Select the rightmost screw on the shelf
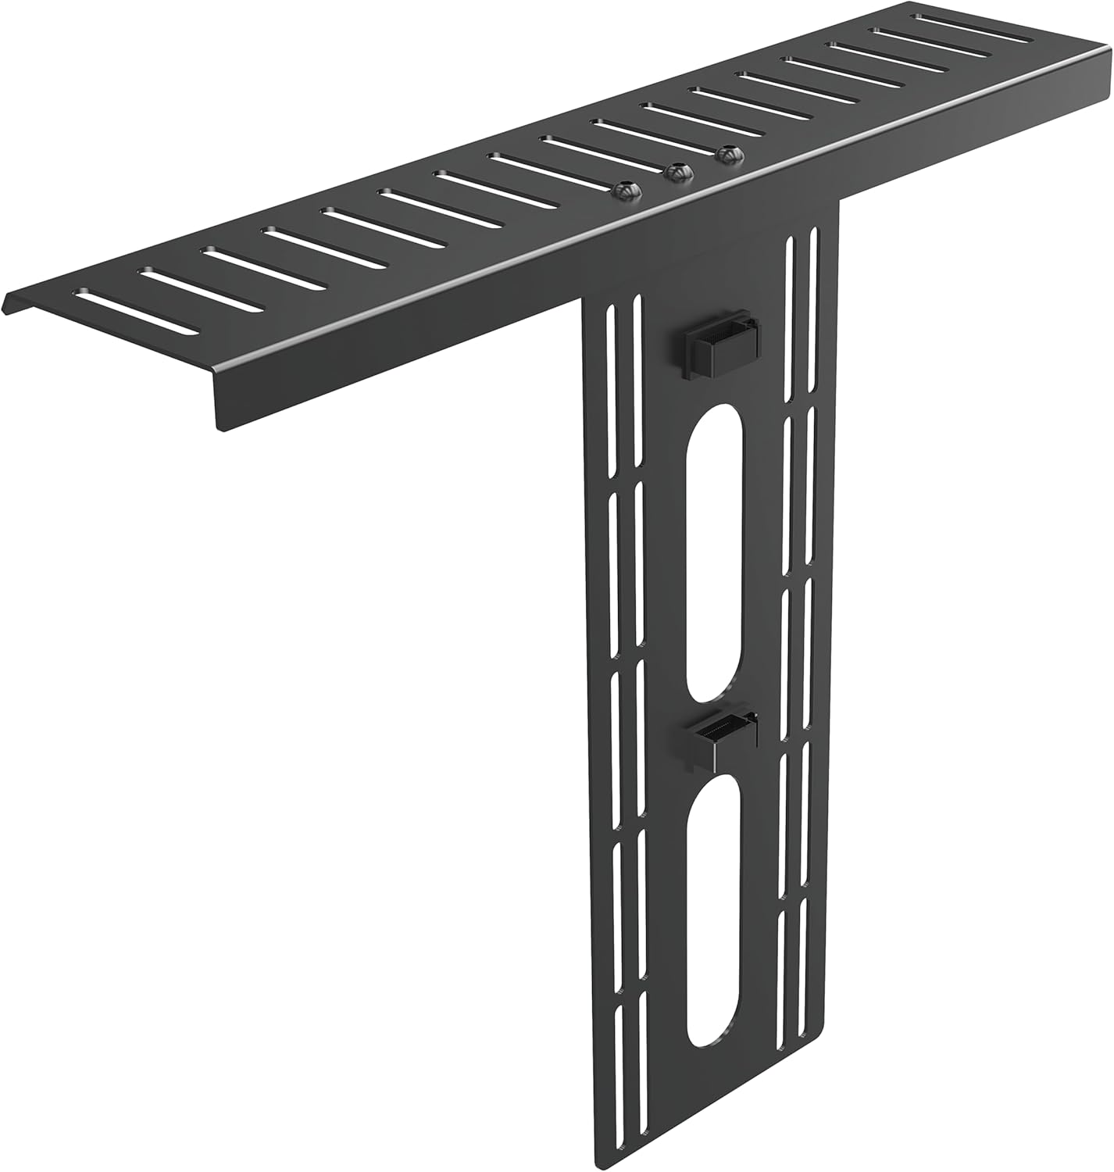click(x=729, y=155)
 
